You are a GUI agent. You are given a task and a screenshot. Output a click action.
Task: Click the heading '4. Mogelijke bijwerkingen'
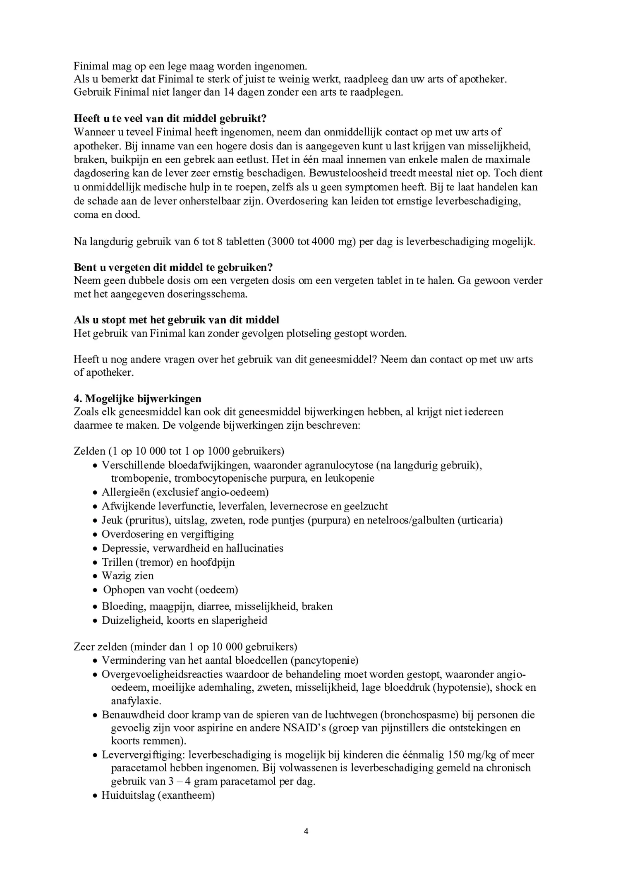pos(137,399)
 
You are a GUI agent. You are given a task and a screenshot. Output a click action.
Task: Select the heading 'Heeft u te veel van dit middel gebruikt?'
pos(170,118)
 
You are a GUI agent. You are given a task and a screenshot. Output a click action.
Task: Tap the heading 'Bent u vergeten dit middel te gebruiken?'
pos(173,267)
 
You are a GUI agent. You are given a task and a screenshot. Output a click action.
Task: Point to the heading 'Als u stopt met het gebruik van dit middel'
pos(176,320)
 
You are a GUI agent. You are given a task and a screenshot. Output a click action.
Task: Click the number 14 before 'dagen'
pos(229,92)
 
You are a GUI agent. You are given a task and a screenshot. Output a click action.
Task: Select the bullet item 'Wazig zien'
pos(127,576)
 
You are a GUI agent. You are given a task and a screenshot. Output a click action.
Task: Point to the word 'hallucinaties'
pos(254,548)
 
